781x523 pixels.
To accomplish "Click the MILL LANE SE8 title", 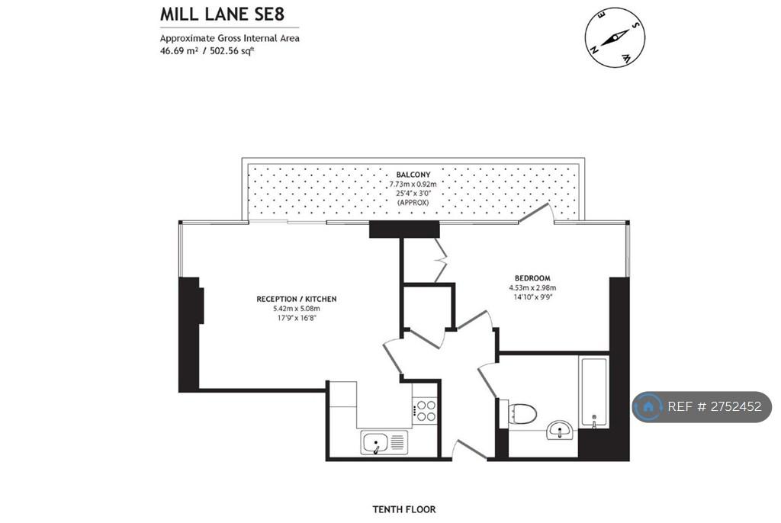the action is (x=222, y=14).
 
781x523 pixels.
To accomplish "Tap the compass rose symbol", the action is (x=615, y=37).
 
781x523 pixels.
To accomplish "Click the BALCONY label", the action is (x=413, y=175).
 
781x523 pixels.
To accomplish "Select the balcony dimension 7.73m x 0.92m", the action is (x=413, y=184).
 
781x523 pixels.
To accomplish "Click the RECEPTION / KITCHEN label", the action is (x=297, y=299).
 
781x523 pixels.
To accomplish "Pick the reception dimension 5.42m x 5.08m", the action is (x=297, y=308).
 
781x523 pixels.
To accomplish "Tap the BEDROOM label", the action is (x=532, y=278).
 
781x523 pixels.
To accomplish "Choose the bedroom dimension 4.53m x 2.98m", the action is (x=532, y=287).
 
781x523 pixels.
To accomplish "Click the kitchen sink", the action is (x=384, y=442).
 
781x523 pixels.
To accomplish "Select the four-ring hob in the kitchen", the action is (x=425, y=410).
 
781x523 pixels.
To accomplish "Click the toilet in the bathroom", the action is (x=522, y=412).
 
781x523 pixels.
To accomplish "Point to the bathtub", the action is (x=593, y=392).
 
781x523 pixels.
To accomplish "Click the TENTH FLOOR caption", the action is (x=404, y=509).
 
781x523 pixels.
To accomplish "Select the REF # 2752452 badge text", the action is (x=714, y=406).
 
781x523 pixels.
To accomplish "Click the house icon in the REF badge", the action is (x=648, y=407).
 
